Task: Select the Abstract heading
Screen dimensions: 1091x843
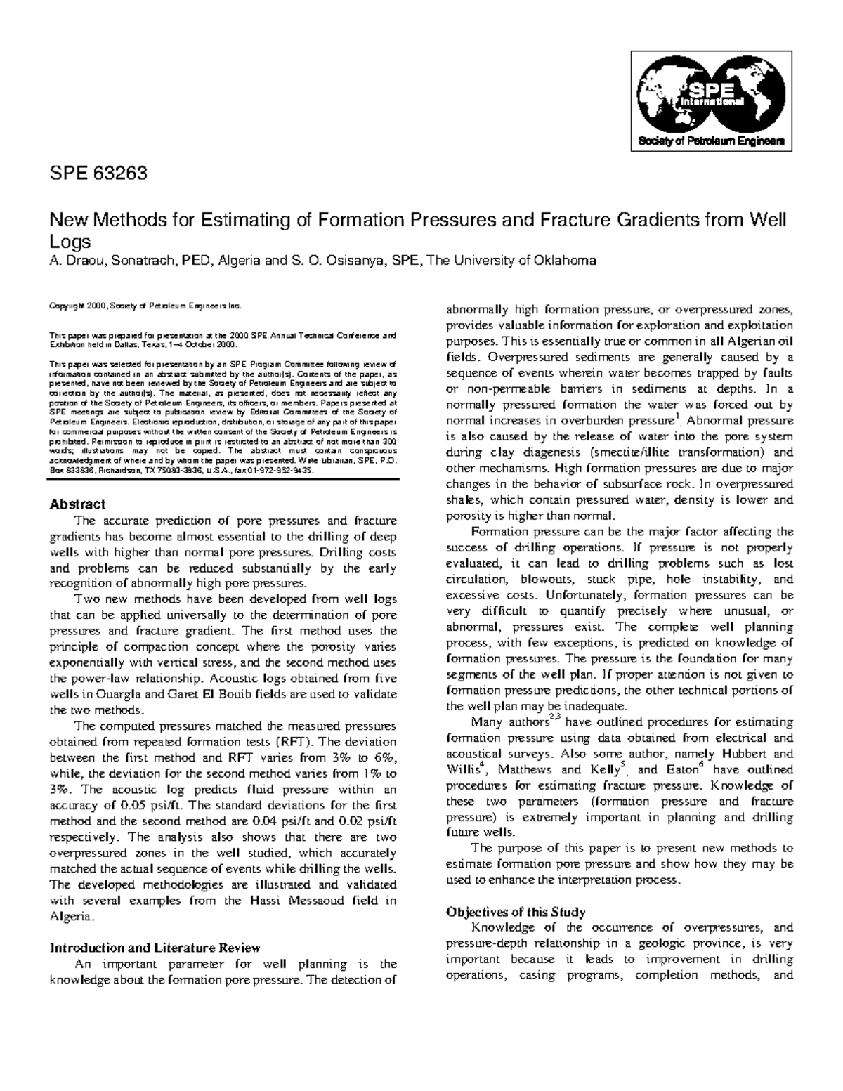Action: coord(77,504)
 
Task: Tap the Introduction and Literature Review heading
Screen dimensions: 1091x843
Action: coord(155,948)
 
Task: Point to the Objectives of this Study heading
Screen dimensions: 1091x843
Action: coord(516,912)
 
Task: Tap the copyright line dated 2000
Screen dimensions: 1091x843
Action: coord(144,307)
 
